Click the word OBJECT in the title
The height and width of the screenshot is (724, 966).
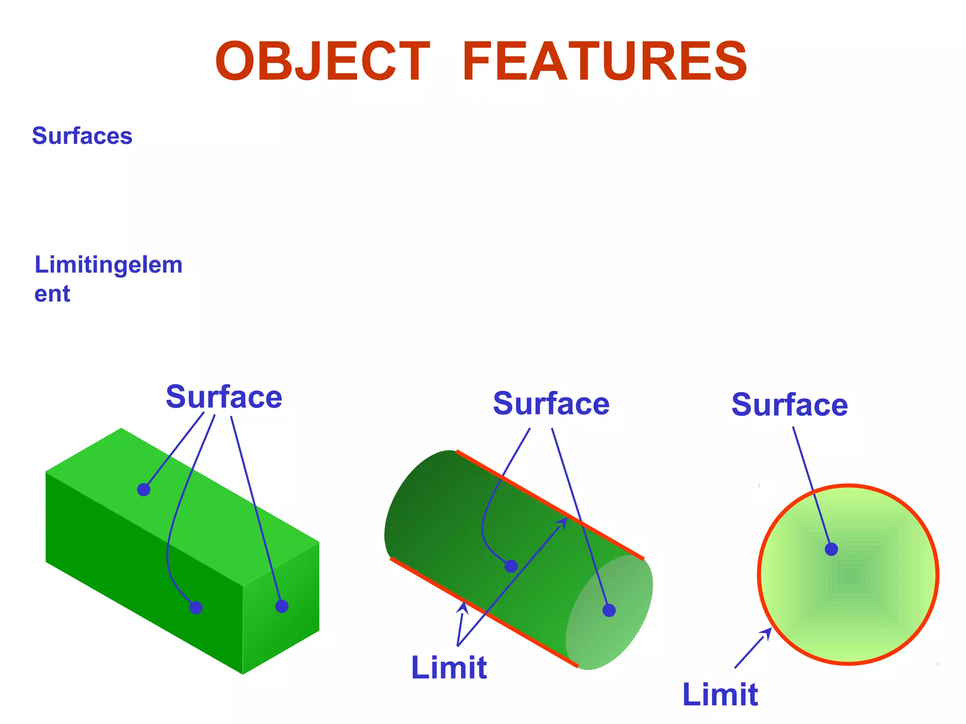[322, 62]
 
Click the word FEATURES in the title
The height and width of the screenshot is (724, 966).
[605, 62]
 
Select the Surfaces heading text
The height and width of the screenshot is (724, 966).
[82, 136]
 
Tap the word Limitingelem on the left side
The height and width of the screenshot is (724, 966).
[108, 265]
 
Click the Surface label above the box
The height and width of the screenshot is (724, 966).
[224, 397]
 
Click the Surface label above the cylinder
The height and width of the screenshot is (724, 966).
[551, 404]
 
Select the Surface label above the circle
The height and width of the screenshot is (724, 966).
[790, 405]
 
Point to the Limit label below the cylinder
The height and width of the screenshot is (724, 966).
[449, 667]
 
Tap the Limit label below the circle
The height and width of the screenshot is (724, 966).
[720, 694]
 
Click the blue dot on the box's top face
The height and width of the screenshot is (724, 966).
[144, 490]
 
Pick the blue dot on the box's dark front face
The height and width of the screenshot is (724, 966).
[196, 608]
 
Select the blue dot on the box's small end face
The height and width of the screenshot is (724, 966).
[282, 606]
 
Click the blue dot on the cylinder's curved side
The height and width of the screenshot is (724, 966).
[511, 566]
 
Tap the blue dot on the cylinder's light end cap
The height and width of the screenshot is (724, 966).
[609, 610]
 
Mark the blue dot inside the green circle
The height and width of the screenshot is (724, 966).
[831, 549]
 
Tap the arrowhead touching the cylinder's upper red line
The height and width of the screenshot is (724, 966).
[562, 522]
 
